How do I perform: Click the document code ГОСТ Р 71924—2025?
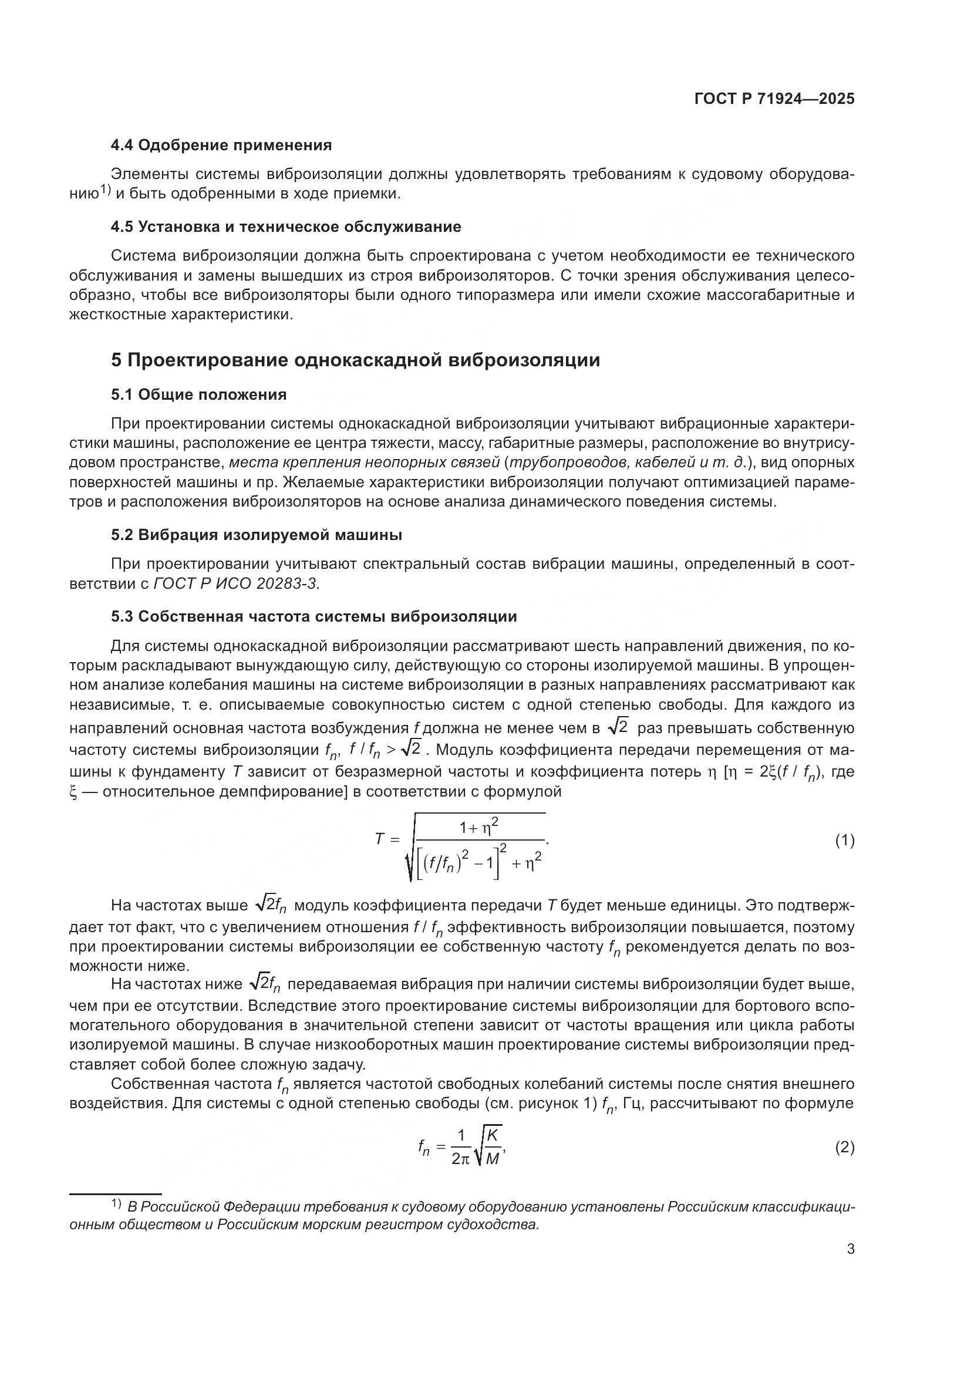click(x=774, y=99)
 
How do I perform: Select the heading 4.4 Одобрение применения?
click(x=221, y=146)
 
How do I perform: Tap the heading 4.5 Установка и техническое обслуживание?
click(x=286, y=227)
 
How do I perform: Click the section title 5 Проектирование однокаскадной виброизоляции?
click(x=355, y=360)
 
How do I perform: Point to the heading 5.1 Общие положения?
click(x=198, y=394)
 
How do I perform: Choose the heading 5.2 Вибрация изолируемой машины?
click(x=256, y=535)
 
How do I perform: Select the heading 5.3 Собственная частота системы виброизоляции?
click(x=313, y=616)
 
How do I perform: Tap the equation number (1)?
click(x=844, y=841)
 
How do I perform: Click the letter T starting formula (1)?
click(x=379, y=839)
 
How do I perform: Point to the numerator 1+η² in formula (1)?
click(x=478, y=828)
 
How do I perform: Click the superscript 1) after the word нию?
click(x=105, y=190)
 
